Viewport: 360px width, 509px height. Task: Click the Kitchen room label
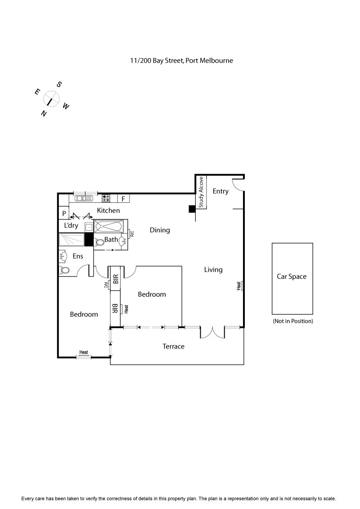pyautogui.click(x=108, y=210)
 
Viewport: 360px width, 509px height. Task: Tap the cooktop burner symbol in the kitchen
pyautogui.click(x=106, y=198)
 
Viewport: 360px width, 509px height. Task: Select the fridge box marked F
pyautogui.click(x=123, y=198)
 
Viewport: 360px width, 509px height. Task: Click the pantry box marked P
pyautogui.click(x=64, y=213)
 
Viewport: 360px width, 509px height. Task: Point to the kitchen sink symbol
pyautogui.click(x=84, y=198)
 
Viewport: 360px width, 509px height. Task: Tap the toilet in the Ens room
pyautogui.click(x=64, y=270)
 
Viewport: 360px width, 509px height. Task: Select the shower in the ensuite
pyautogui.click(x=72, y=239)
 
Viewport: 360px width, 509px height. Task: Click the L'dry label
pyautogui.click(x=71, y=225)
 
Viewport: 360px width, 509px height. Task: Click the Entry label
pyautogui.click(x=220, y=191)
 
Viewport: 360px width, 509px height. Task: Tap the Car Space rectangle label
pyautogui.click(x=292, y=277)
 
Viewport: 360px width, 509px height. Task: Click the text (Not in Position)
pyautogui.click(x=292, y=321)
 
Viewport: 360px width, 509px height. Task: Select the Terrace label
pyautogui.click(x=173, y=346)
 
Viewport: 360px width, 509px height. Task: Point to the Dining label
pyautogui.click(x=160, y=230)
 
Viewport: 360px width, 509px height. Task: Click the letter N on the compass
pyautogui.click(x=44, y=114)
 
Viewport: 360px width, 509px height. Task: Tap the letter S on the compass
pyautogui.click(x=59, y=84)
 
